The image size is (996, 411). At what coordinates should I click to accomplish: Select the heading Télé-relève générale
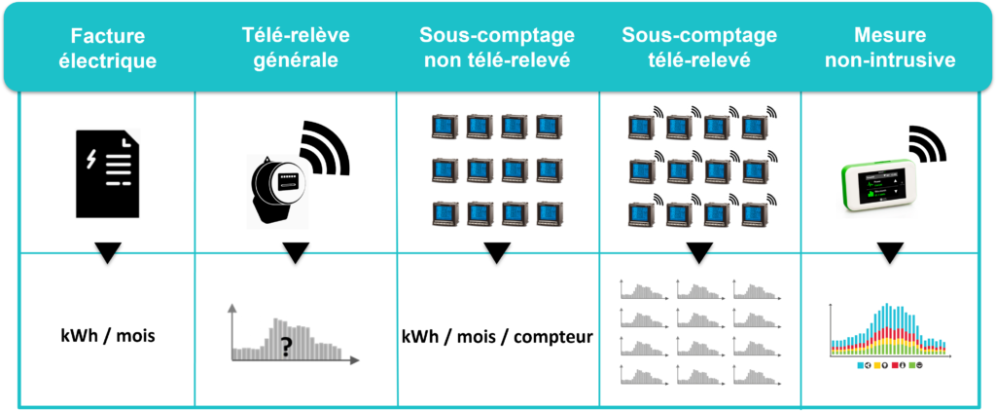(296, 47)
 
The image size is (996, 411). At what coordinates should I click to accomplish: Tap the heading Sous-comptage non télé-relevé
(497, 47)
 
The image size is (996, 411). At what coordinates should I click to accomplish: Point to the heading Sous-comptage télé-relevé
(699, 47)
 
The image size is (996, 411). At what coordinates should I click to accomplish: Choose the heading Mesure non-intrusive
(889, 47)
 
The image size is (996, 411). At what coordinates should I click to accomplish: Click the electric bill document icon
(108, 172)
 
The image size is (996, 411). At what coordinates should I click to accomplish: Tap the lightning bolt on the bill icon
(91, 159)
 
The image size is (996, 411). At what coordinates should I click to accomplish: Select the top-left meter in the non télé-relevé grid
(445, 126)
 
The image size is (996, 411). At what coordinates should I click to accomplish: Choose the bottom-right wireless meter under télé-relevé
(754, 212)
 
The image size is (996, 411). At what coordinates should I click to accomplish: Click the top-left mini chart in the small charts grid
(643, 288)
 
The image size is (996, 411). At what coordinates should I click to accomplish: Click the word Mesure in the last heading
(888, 35)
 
